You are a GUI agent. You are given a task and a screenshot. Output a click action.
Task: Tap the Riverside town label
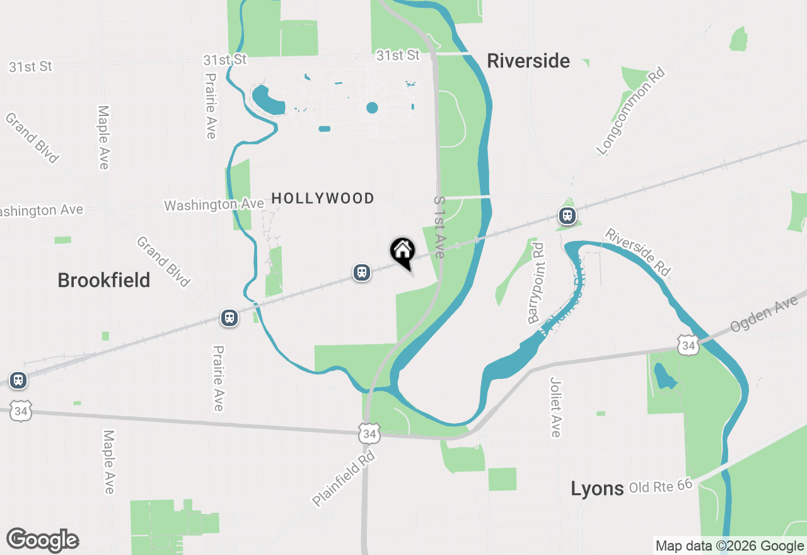(x=528, y=61)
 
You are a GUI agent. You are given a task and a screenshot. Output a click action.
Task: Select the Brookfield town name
(x=104, y=280)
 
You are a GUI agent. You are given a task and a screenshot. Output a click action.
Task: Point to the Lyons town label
(x=597, y=488)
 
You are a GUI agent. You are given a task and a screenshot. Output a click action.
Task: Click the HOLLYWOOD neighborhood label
(x=323, y=199)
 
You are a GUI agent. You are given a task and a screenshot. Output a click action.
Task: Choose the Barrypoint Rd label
(x=537, y=283)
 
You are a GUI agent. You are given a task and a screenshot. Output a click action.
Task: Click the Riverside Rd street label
(x=637, y=251)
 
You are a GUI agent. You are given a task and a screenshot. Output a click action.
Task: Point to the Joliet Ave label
(x=555, y=407)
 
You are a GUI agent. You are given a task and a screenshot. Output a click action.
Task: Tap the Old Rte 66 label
(x=661, y=486)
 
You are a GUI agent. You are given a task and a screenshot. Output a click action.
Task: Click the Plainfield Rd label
(x=344, y=477)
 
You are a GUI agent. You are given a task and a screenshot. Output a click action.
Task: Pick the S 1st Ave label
(x=439, y=227)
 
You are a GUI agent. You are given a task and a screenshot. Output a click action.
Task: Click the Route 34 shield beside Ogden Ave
(x=688, y=346)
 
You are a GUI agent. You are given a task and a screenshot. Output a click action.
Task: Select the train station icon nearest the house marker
(x=361, y=272)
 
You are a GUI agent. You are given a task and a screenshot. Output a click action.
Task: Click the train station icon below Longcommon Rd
(x=567, y=216)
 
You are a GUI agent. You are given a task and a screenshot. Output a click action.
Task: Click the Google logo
(x=42, y=540)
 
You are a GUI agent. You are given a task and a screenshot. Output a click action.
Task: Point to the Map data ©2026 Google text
(x=729, y=546)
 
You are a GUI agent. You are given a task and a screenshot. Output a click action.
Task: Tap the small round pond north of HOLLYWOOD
(x=372, y=108)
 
